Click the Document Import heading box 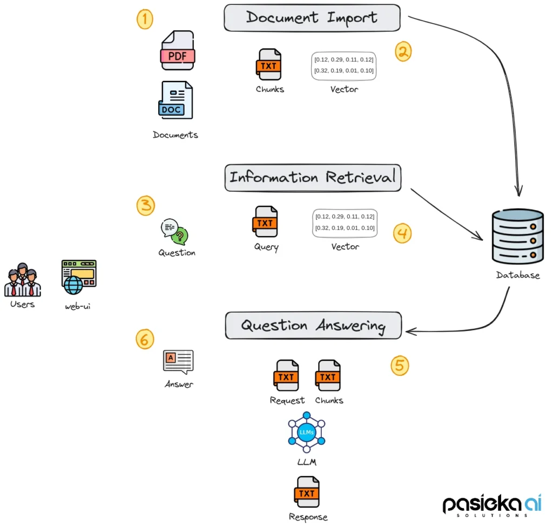pos(312,17)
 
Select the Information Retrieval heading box pos(313,178)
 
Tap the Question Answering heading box pos(313,326)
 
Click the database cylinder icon pos(517,236)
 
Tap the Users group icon pos(23,280)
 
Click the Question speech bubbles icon pos(175,232)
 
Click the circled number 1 pos(144,20)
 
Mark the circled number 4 pos(402,233)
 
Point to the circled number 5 pos(400,366)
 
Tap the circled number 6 pos(144,339)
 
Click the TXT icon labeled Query pos(265,221)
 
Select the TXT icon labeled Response pos(307,492)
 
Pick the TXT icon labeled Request pos(286,375)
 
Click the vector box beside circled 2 pos(343,65)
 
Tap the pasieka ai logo pos(492,504)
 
